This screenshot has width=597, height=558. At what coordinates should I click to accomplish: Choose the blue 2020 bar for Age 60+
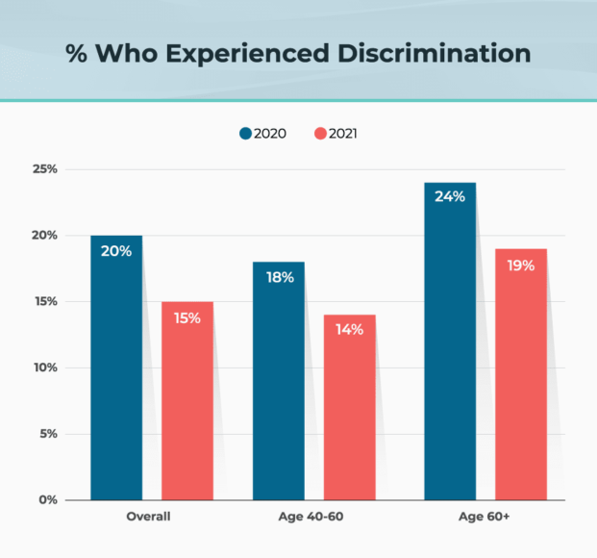449,342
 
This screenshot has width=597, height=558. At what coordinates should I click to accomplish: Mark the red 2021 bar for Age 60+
521,374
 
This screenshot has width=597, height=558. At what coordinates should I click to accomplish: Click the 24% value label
449,196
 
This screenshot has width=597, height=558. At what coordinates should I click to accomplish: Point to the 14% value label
349,329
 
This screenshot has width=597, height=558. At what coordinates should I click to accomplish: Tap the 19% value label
521,264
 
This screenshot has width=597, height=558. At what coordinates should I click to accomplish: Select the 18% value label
278,276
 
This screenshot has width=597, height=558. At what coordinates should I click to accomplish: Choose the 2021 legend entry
336,134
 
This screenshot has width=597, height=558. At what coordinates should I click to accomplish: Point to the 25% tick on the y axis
45,169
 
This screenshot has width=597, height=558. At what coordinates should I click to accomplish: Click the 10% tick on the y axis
45,368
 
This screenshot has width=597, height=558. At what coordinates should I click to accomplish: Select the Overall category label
148,518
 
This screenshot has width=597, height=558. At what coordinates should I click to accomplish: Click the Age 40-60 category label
312,518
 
